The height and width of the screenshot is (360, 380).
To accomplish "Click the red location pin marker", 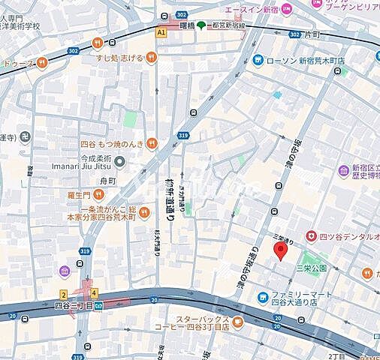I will click(x=281, y=252).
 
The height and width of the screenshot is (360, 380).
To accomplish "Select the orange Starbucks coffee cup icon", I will click(x=237, y=324).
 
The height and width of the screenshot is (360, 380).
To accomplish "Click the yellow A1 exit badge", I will click(x=161, y=31).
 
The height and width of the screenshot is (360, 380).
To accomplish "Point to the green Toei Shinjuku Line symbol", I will click(x=201, y=24).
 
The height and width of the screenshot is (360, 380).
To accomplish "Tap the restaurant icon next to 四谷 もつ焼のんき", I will click(x=152, y=142).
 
